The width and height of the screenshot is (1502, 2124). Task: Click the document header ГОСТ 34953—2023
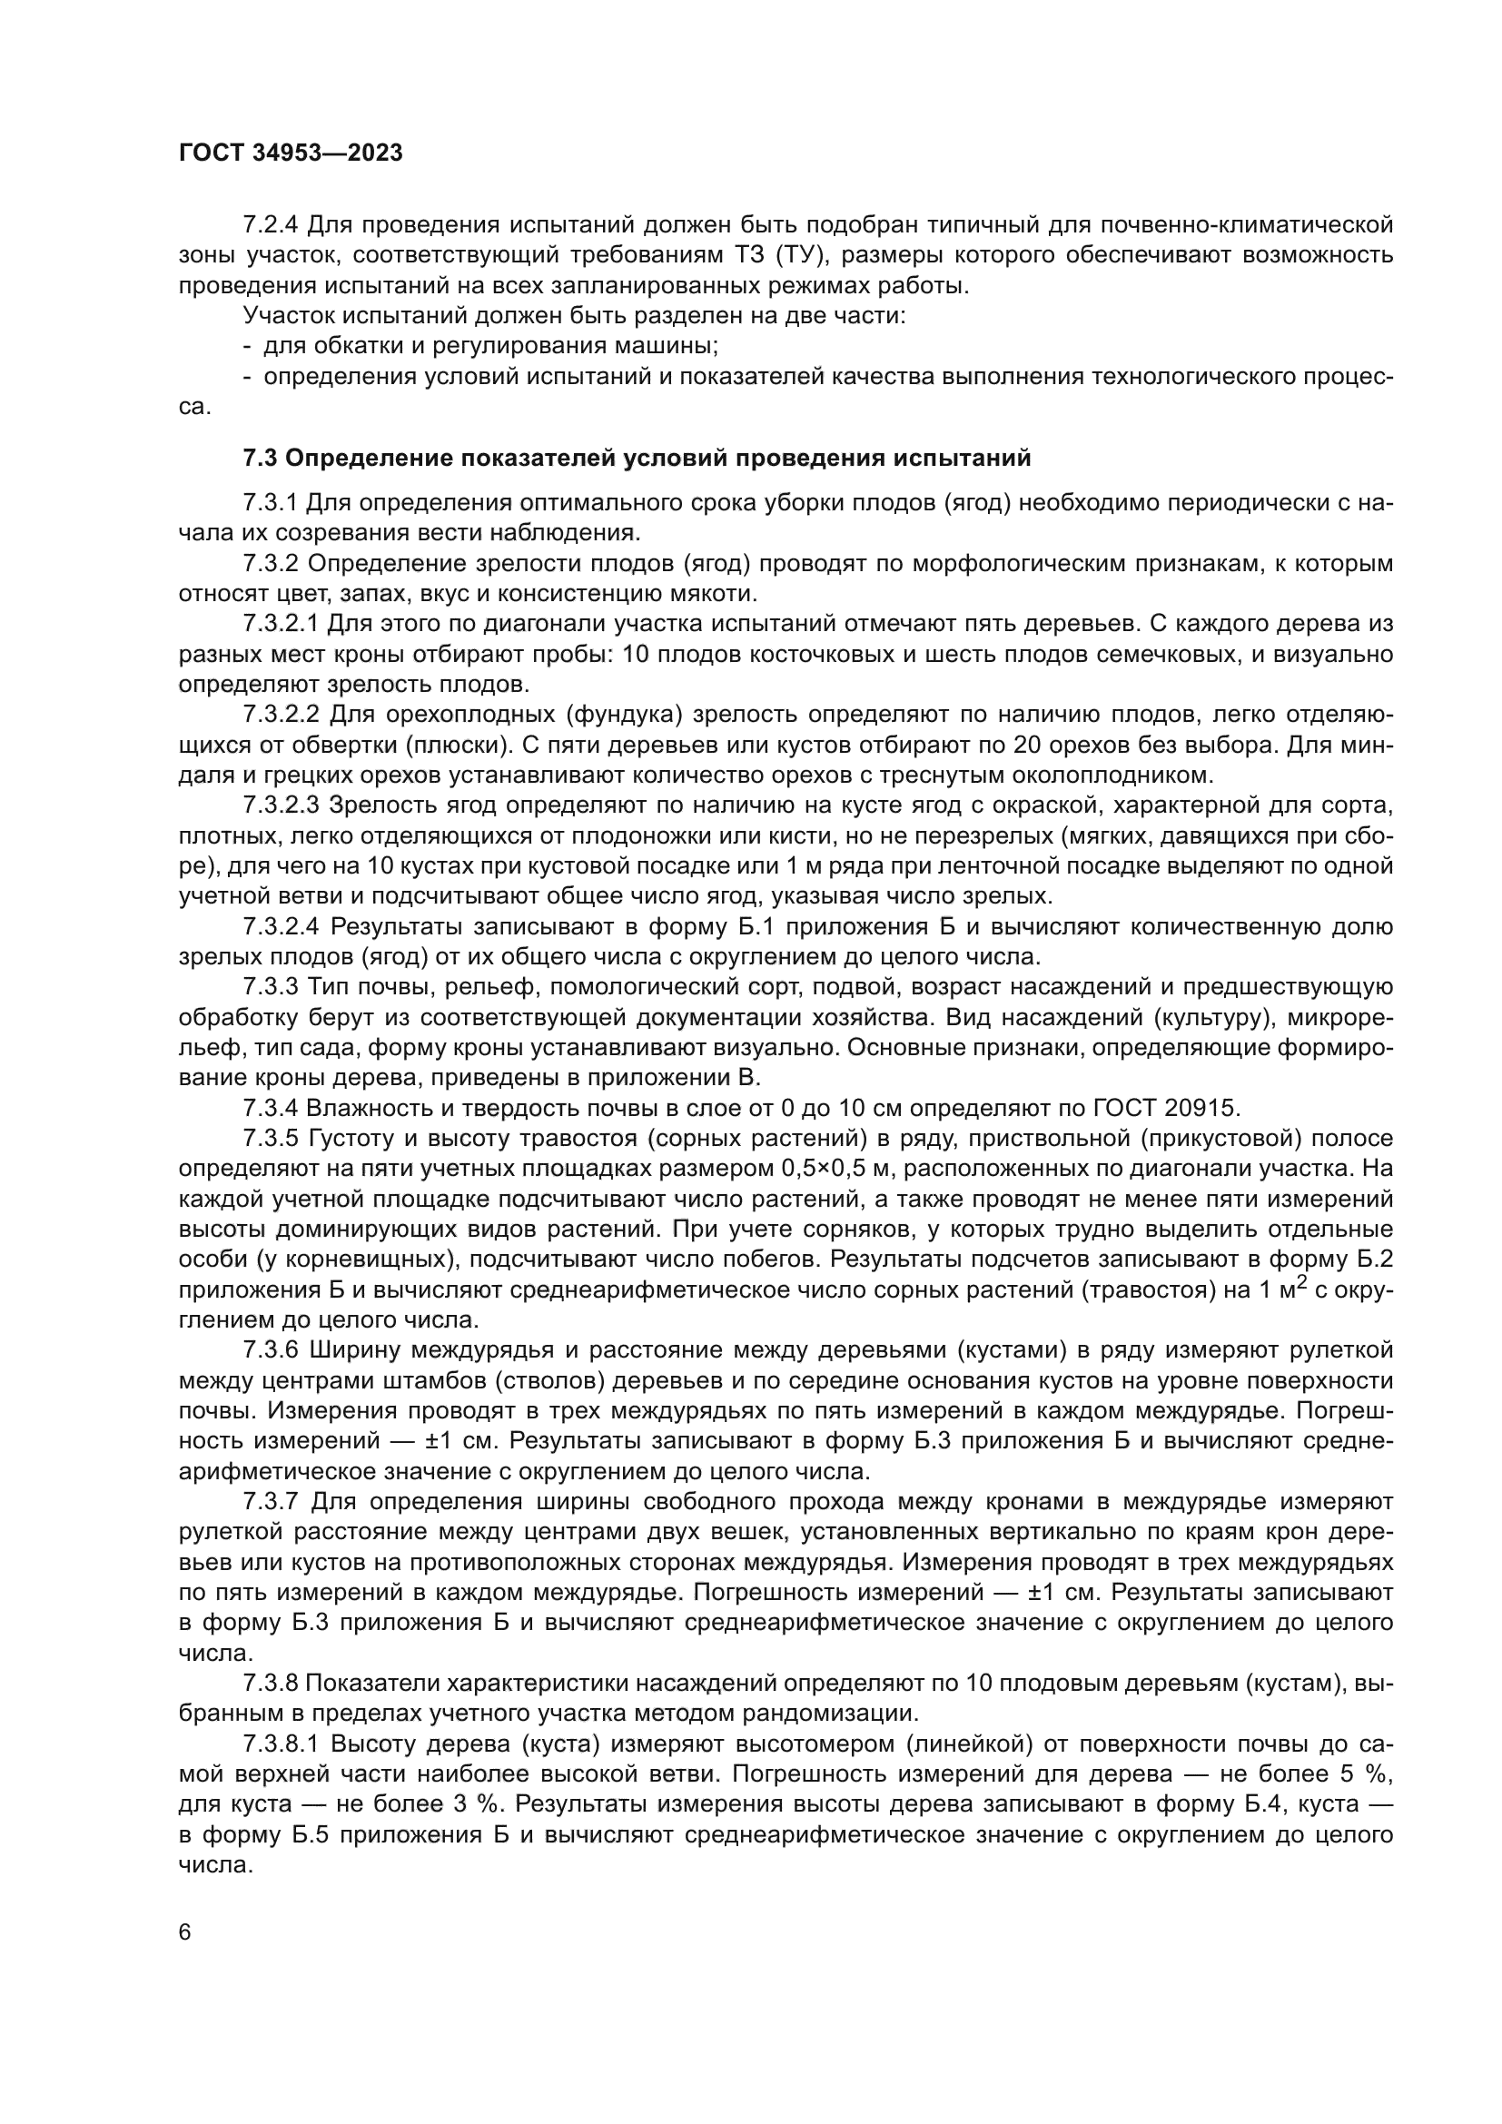[x=291, y=153]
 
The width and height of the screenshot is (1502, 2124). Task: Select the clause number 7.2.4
[x=270, y=225]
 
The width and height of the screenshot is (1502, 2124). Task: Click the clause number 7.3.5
[x=270, y=1138]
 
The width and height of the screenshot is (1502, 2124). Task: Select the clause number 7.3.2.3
[x=282, y=805]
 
